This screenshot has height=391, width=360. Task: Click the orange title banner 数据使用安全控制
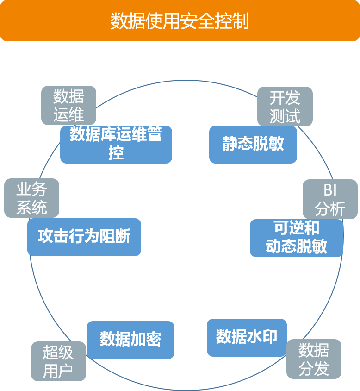(x=180, y=21)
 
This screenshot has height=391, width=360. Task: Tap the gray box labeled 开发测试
(x=285, y=107)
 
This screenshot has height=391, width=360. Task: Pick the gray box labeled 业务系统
(x=31, y=198)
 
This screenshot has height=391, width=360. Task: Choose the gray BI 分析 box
(x=330, y=200)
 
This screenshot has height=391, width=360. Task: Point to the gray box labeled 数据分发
(x=314, y=359)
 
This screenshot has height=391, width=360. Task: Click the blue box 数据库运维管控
(x=116, y=144)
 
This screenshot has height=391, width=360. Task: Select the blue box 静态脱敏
(x=253, y=144)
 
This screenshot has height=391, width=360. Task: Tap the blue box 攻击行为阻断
(x=84, y=237)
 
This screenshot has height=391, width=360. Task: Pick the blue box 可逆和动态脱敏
(x=296, y=238)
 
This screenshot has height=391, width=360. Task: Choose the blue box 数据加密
(x=130, y=339)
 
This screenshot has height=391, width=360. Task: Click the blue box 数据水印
(x=247, y=337)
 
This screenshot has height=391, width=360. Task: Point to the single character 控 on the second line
(x=116, y=152)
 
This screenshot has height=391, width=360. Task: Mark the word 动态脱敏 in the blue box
(x=296, y=246)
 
